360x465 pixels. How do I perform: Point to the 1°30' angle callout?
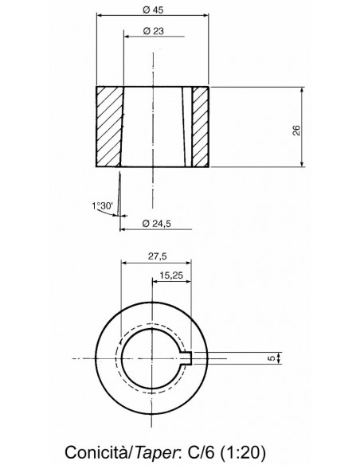[103, 205]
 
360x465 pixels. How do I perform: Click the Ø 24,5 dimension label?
[156, 223]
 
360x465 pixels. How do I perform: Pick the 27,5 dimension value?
[155, 256]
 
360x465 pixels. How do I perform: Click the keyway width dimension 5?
[271, 358]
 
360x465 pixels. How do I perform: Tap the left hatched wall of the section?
[109, 127]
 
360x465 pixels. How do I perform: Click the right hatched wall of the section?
[201, 127]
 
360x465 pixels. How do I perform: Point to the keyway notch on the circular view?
[191, 358]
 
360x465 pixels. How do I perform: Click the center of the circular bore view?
[152, 358]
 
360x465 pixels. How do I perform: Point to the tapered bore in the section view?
[152, 127]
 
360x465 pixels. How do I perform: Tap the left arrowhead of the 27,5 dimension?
[123, 264]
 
